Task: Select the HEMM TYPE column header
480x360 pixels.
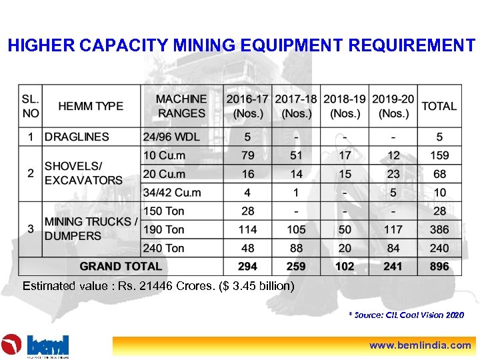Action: coord(91,106)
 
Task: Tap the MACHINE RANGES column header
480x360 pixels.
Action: coord(181,106)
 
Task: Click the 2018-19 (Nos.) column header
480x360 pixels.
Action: coord(345,106)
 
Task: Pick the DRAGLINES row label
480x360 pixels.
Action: coord(77,137)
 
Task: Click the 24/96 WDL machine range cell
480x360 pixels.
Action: coord(172,137)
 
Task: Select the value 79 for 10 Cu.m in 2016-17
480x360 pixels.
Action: coord(248,155)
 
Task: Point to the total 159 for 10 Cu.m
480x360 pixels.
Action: coord(439,155)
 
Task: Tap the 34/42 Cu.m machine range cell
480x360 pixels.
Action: coord(172,193)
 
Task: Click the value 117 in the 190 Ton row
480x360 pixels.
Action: coord(393,229)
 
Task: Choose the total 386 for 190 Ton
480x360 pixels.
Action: coord(439,229)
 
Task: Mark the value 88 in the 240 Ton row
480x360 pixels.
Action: coord(297,248)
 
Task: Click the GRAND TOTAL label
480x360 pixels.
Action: coord(121,266)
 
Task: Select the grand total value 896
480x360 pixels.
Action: coord(439,266)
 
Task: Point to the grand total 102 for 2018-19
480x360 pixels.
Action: coord(345,266)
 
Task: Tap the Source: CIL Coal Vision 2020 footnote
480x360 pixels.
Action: coord(406,315)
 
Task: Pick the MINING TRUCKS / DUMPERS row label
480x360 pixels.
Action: coord(91,229)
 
